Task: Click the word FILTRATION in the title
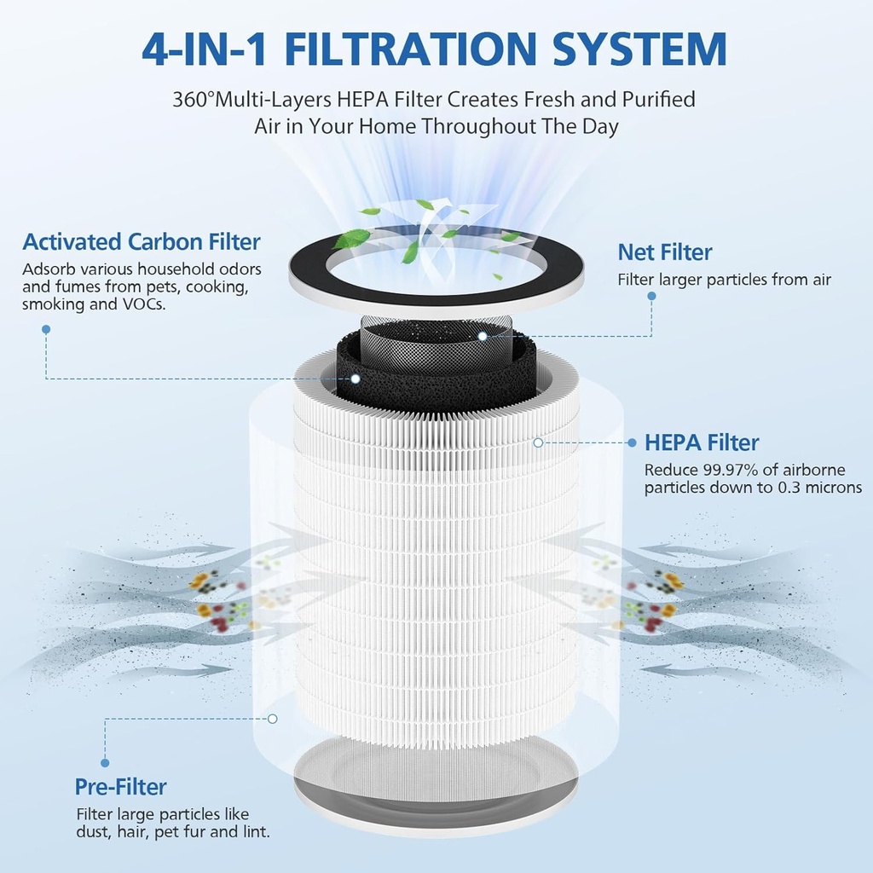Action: click(410, 49)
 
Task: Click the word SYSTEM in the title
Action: click(639, 49)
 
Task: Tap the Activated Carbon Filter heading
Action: click(142, 241)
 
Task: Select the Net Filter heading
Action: click(665, 252)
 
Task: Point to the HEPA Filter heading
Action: click(702, 442)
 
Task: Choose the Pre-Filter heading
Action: click(121, 787)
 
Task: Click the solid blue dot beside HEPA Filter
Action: click(632, 442)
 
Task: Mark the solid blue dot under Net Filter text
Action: click(651, 296)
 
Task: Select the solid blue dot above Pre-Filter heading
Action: click(105, 763)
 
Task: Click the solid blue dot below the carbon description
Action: click(46, 330)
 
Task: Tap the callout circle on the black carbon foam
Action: click(356, 379)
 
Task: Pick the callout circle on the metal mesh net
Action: click(483, 336)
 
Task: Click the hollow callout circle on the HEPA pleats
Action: click(538, 442)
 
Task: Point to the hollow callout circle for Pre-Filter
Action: click(272, 719)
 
